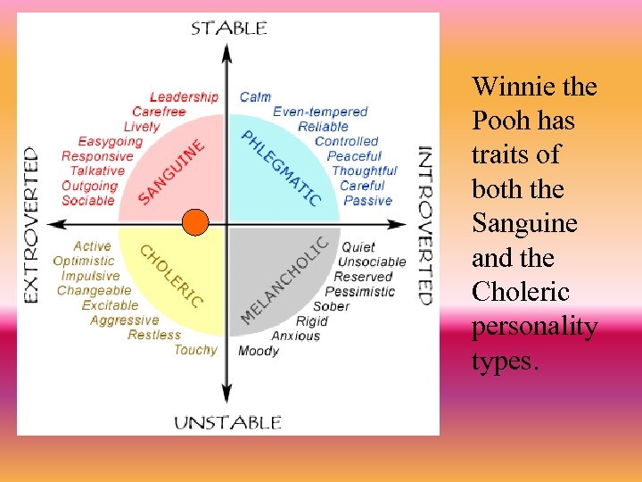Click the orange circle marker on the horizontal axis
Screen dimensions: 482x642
(195, 221)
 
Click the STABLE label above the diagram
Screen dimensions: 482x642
(228, 28)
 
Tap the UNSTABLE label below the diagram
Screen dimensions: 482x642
(227, 422)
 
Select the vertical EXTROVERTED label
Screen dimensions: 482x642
(31, 224)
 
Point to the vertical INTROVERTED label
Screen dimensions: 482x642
(425, 224)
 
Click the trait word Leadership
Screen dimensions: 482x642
(184, 96)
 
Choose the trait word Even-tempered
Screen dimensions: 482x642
(320, 112)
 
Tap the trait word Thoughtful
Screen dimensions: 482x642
(364, 170)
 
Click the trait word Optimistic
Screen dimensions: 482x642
(84, 261)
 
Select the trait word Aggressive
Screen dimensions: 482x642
(124, 320)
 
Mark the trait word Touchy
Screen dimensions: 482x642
(195, 349)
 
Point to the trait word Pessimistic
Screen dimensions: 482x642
(359, 291)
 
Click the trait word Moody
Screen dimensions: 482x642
(259, 351)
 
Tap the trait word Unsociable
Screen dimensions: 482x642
(371, 262)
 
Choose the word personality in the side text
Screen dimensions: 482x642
(534, 326)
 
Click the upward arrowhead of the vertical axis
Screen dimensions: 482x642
(227, 50)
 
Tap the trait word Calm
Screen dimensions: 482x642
(255, 96)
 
